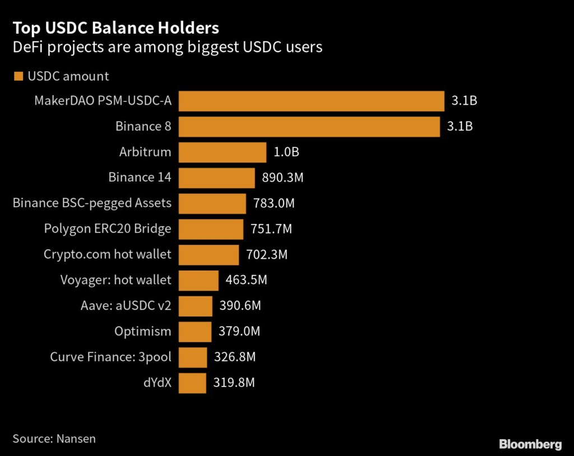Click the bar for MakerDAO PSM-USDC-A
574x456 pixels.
tap(311, 101)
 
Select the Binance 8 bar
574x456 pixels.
tap(309, 127)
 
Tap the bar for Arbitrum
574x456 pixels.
tap(222, 152)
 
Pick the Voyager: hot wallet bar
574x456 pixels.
tap(198, 280)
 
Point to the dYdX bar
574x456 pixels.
tap(192, 383)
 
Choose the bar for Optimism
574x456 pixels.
tap(195, 332)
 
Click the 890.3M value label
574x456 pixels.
tap(283, 178)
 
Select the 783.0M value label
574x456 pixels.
tap(274, 203)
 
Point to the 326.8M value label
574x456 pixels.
tap(235, 357)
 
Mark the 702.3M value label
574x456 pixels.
tap(267, 255)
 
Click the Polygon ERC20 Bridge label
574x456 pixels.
tap(108, 229)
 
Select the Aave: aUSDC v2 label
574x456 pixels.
tap(126, 306)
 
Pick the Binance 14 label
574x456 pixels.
tap(140, 178)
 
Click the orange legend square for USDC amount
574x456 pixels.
tap(18, 76)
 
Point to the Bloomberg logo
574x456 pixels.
tap(530, 444)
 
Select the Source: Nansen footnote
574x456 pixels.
tap(54, 438)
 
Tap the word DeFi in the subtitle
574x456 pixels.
tap(27, 47)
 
